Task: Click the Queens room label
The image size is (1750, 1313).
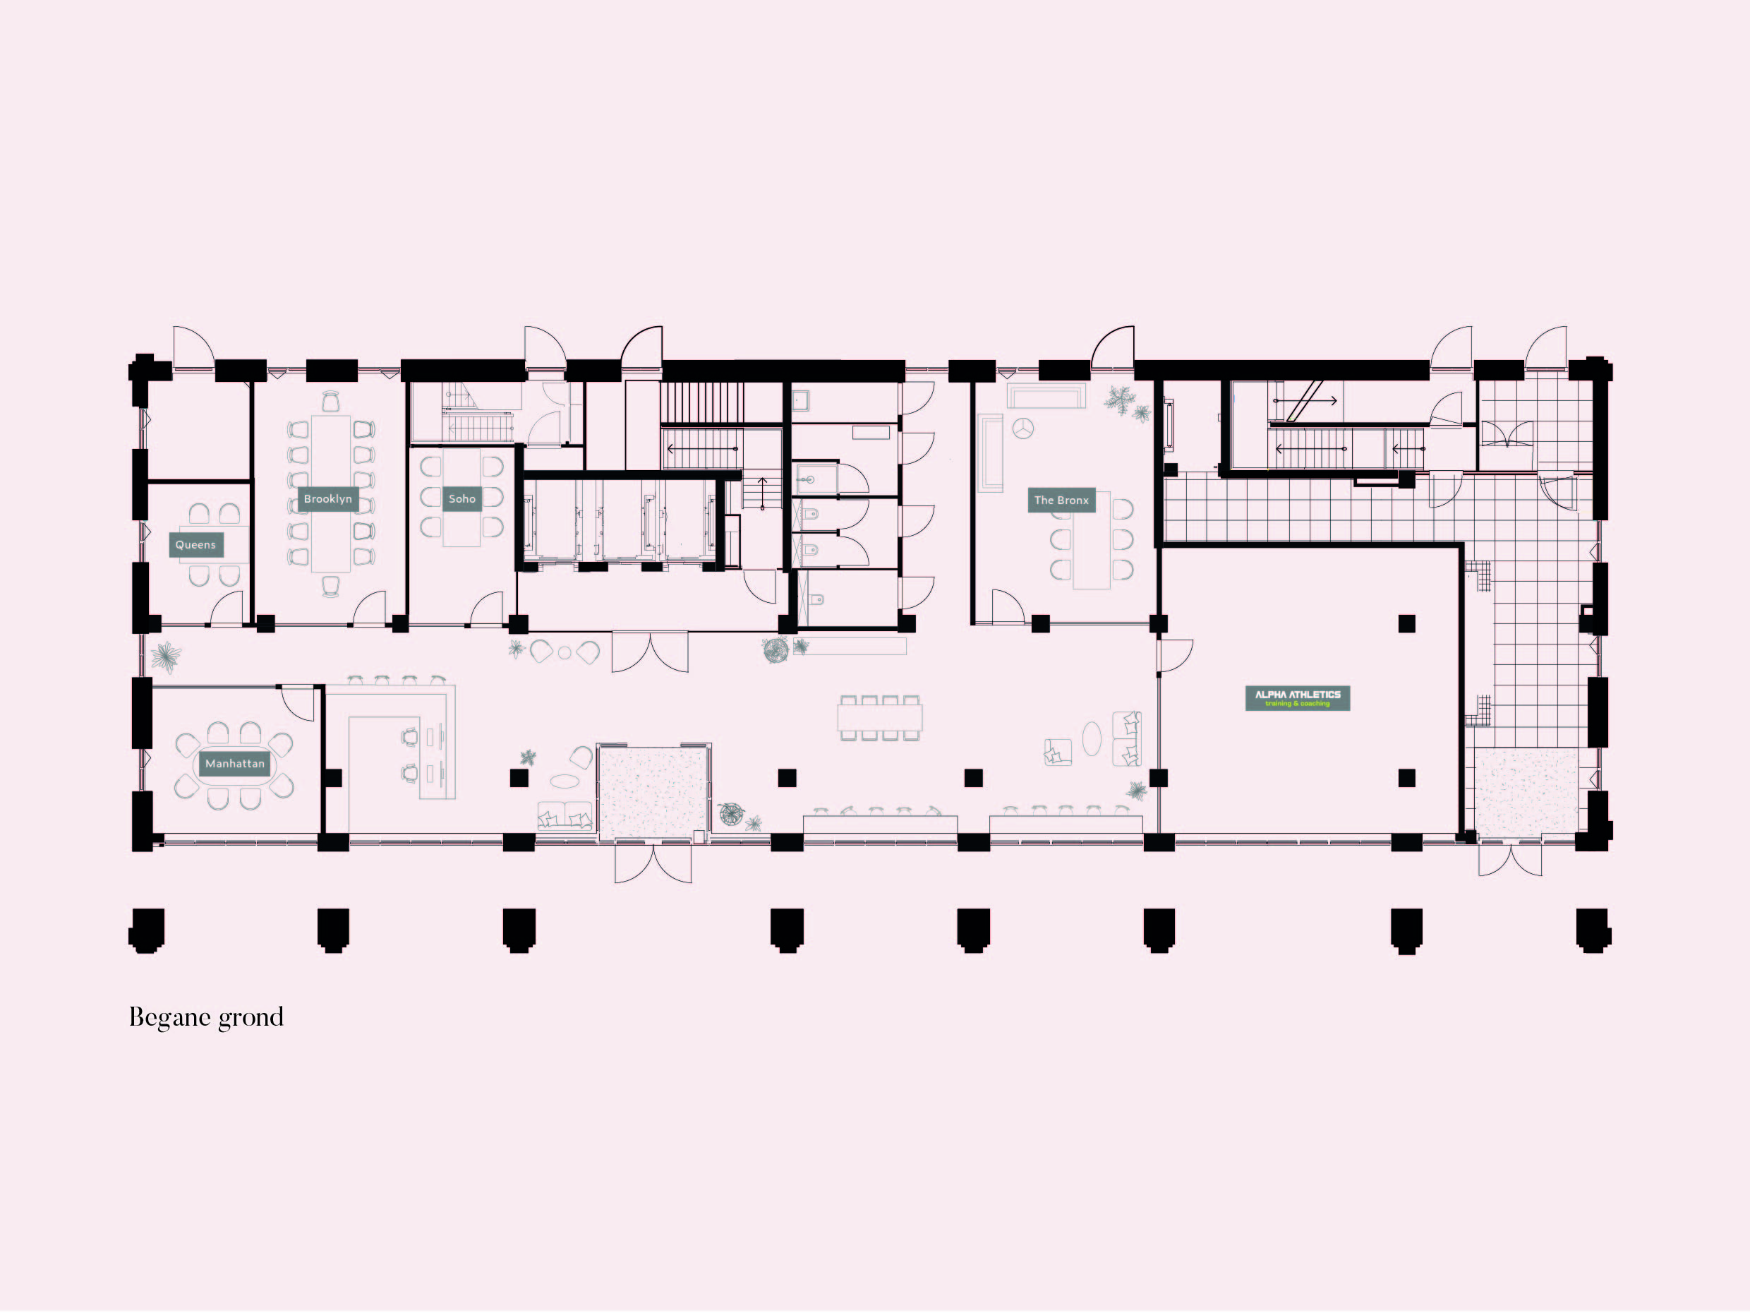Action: (195, 544)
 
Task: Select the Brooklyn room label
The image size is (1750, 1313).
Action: (327, 498)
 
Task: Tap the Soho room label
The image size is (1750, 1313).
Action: (462, 498)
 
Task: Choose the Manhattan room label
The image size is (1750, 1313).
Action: (234, 764)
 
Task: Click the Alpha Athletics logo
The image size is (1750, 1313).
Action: (1298, 698)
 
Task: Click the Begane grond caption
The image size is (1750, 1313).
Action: (207, 1017)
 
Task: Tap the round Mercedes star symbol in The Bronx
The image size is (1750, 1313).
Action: (1024, 428)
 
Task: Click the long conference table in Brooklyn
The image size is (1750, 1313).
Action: (331, 492)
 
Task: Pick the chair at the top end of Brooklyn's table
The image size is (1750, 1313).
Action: (331, 401)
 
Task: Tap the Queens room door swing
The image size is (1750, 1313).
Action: (227, 608)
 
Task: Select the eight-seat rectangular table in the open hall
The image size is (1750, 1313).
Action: (880, 718)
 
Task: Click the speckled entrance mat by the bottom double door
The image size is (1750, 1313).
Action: (653, 792)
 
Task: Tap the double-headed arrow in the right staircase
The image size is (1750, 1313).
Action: (1305, 400)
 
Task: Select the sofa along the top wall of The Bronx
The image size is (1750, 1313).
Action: (1046, 396)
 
